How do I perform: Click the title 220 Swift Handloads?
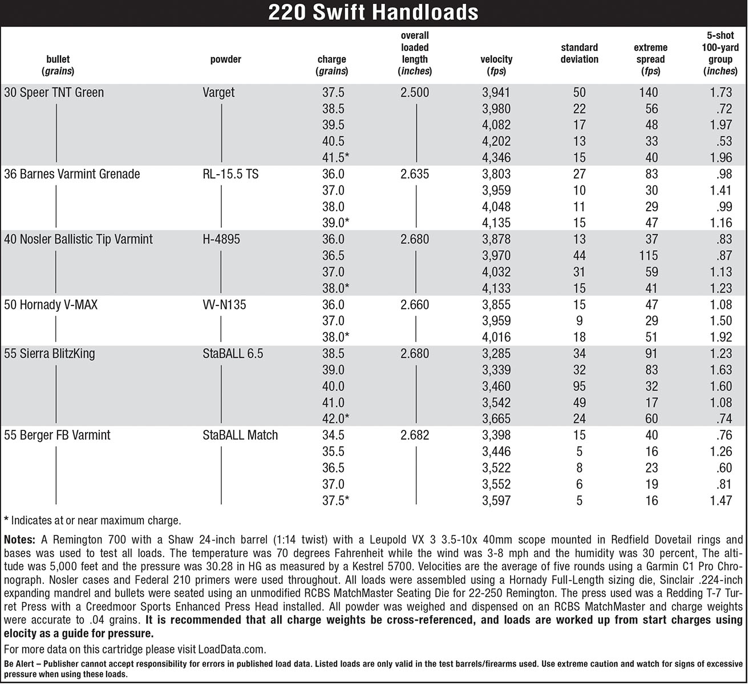[374, 12]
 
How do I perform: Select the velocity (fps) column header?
[496, 65]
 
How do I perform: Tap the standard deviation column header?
[579, 53]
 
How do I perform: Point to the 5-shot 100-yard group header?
[720, 53]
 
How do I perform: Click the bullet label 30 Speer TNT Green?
[54, 92]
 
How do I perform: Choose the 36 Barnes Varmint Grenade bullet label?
[72, 174]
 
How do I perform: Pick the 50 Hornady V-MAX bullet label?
[51, 305]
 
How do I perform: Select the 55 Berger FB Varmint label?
[57, 436]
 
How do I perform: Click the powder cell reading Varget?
[218, 92]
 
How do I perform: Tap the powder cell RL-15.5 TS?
[230, 174]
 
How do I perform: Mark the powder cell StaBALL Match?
[240, 436]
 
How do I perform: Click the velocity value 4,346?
[496, 158]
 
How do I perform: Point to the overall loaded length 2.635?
[415, 174]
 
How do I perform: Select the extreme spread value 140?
[649, 92]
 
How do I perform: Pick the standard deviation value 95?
[579, 386]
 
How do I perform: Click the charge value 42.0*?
[335, 419]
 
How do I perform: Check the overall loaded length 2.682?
[415, 436]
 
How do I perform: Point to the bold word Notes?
[19, 539]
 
